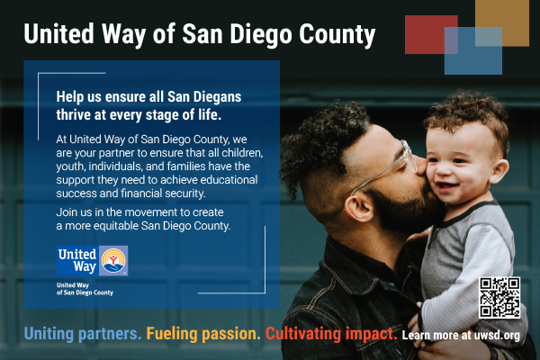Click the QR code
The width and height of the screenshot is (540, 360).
499,298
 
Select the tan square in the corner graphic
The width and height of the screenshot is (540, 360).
502,23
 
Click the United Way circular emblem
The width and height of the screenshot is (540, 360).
113,261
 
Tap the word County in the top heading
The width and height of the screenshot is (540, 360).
337,35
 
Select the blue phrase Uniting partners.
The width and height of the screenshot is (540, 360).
83,334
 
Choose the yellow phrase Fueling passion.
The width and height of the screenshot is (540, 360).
203,334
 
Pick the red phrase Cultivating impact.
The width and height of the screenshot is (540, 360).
331,334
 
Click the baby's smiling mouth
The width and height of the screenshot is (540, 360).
447,187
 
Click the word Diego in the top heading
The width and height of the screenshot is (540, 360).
261,35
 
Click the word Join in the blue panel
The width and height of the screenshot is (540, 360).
66,212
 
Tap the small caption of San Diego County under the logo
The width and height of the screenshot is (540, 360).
85,292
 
